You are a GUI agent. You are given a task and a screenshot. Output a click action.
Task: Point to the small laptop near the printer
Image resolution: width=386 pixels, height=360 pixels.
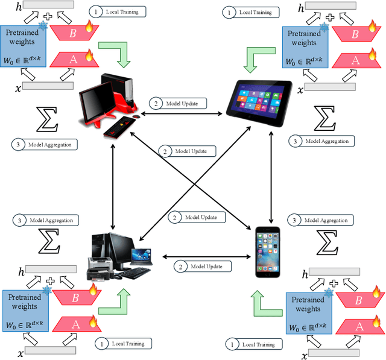click(139, 256)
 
